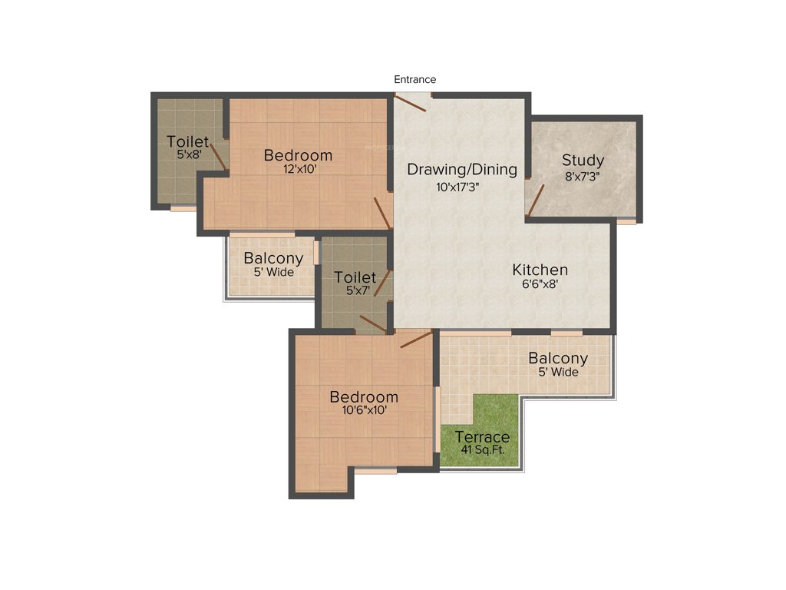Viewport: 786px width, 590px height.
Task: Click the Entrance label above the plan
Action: pos(414,79)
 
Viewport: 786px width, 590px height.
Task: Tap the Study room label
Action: pos(583,161)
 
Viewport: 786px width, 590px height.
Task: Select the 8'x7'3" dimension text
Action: pos(583,175)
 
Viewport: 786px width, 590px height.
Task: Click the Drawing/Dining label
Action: pos(462,170)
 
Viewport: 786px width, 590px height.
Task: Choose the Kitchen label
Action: pos(540,270)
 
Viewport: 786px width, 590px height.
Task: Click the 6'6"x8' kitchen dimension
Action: pos(541,283)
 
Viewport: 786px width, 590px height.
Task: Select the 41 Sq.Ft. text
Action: pos(481,450)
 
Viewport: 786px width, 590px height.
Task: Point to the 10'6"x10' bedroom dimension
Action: pos(363,410)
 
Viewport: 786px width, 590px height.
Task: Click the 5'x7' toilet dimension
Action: pos(355,290)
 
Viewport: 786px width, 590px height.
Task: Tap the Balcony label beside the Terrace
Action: pos(558,359)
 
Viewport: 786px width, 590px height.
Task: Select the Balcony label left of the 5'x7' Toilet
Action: pos(273,259)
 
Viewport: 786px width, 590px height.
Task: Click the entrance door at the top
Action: pos(411,102)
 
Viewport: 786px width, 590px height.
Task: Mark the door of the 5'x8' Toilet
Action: pos(218,155)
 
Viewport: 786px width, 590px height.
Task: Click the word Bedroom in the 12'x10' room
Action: pos(298,155)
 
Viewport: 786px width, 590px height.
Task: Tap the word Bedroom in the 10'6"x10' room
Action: pos(364,397)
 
